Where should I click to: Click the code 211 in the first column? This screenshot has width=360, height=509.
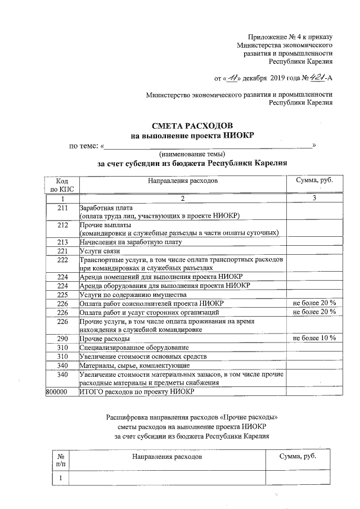pos(62,208)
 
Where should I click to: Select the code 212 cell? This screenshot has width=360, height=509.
pos(62,225)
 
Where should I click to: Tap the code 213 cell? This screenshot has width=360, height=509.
pos(62,242)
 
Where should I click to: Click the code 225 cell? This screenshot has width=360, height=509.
pos(62,294)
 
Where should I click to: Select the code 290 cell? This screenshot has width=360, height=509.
pos(62,339)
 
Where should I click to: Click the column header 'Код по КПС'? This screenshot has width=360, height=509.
pos(62,185)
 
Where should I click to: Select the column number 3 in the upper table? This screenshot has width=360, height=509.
pos(314,199)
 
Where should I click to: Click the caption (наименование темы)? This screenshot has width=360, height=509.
pos(192,154)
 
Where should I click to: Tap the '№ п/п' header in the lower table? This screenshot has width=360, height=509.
pos(58,460)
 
